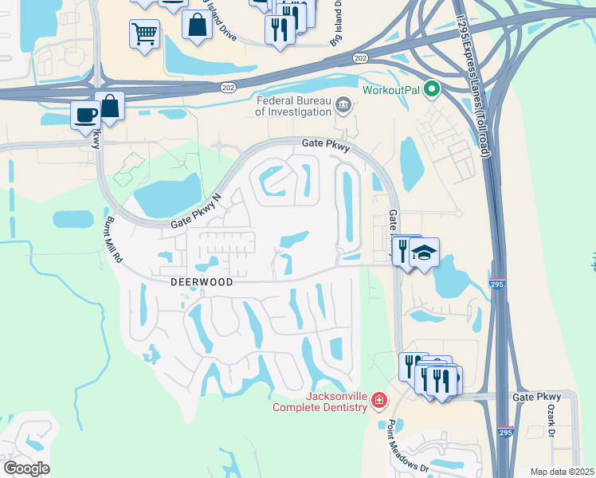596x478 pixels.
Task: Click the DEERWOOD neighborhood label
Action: [x=201, y=282]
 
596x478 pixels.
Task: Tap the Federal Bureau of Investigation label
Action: [x=292, y=106]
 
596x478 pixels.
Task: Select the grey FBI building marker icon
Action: [x=343, y=105]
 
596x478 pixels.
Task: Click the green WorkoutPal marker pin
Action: [x=433, y=88]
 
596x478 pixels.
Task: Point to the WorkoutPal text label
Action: [x=390, y=88]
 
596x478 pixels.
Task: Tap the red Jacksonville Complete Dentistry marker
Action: [x=379, y=400]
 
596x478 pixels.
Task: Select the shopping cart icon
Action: [x=144, y=33]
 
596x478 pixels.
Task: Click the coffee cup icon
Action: [x=85, y=114]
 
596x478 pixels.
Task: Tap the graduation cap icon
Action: [x=425, y=253]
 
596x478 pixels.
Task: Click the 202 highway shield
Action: [x=360, y=57]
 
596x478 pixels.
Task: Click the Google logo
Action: [x=26, y=468]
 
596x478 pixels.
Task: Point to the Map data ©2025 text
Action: [x=562, y=472]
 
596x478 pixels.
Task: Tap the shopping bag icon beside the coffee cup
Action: [x=110, y=105]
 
